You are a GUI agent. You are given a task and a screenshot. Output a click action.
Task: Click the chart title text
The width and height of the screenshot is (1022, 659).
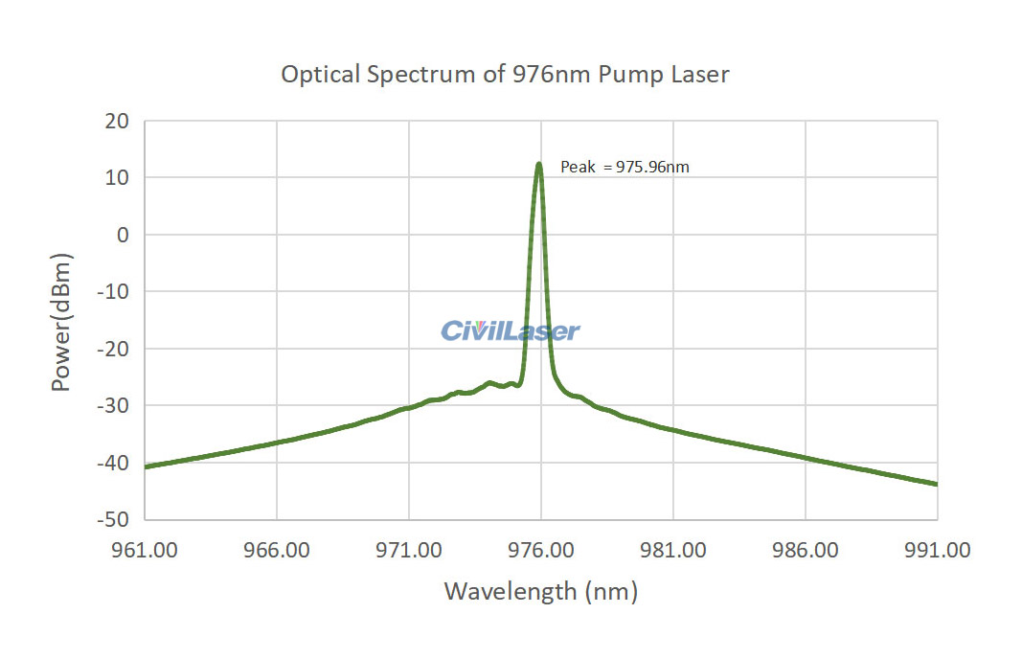(505, 75)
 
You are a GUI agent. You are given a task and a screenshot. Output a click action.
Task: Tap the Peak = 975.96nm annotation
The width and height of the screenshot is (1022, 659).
(625, 167)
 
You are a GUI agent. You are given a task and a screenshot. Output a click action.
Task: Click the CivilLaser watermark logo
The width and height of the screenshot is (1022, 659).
(510, 331)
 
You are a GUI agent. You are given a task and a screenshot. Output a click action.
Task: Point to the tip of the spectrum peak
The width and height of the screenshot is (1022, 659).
(539, 164)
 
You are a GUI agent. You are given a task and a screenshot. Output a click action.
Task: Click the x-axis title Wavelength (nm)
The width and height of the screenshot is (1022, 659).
(540, 591)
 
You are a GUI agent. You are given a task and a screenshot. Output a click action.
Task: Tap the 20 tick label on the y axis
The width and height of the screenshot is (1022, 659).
(117, 121)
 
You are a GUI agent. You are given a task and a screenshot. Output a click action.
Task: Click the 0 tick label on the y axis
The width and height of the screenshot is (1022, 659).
(122, 235)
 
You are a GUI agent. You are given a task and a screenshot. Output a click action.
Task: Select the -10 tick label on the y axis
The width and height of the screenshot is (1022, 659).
(114, 292)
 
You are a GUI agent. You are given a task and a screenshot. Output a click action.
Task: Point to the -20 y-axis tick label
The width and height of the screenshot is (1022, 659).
(114, 349)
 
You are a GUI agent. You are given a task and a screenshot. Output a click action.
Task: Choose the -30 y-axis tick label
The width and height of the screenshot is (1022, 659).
(114, 405)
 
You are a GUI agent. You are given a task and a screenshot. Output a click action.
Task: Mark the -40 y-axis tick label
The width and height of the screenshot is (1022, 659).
(114, 463)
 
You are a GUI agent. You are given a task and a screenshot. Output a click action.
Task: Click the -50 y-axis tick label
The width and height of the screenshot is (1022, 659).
(114, 519)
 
